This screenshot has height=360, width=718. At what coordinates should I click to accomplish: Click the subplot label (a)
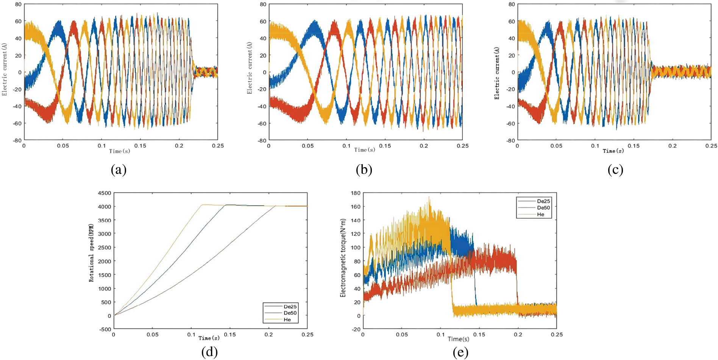pos(119,169)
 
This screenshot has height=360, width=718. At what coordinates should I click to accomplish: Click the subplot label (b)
pos(364,169)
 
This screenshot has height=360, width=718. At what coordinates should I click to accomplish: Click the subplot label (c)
pos(615,169)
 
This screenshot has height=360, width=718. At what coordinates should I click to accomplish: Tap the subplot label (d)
pos(209,352)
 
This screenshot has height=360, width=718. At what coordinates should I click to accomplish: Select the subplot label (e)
pos(460,352)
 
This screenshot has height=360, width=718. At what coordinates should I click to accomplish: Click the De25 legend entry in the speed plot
pos(290,307)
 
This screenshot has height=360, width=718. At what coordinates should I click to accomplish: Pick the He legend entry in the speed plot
pos(287,319)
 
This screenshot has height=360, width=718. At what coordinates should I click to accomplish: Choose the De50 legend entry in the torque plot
pos(543,208)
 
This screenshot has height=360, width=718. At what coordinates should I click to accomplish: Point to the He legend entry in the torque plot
pos(540,214)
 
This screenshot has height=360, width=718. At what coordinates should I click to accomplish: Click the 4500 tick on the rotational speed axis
pos(105,193)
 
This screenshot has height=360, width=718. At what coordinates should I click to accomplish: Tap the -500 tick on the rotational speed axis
pos(106,329)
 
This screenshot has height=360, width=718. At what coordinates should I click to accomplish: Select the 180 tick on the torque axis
pos(356,193)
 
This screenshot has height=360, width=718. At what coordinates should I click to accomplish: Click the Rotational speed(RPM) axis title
pos(91,253)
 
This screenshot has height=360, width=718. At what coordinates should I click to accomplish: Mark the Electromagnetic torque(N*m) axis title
pos(343,258)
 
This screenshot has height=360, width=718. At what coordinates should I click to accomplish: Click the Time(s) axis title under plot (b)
pos(365,150)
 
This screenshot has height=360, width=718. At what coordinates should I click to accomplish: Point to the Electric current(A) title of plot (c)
pos(497,74)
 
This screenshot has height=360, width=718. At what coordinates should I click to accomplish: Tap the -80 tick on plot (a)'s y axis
pos(17,140)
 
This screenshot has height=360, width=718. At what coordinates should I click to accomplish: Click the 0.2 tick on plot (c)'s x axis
pos(673,146)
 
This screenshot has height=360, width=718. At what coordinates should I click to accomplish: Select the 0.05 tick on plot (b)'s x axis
pos(308,146)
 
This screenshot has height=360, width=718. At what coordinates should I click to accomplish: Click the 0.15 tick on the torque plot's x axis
pos(479,335)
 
